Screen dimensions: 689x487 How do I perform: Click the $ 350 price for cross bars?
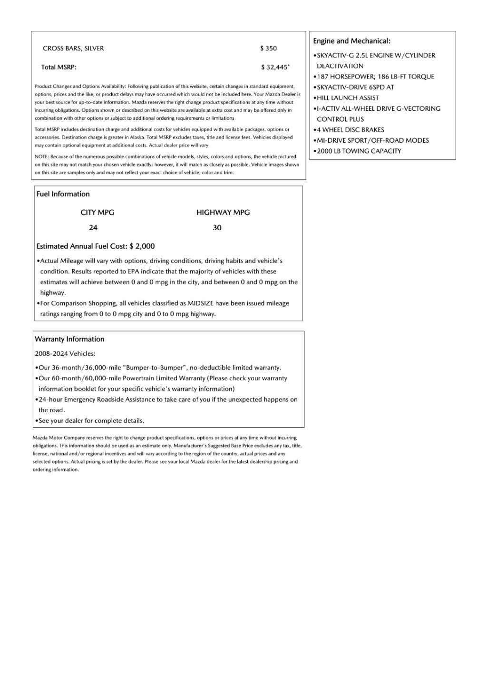[268, 49]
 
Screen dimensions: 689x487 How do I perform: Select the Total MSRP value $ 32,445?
[274, 67]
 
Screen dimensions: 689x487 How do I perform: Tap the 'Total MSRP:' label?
[59, 67]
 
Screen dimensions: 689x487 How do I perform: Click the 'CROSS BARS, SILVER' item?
[73, 49]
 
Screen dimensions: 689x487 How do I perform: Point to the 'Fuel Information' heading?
[63, 194]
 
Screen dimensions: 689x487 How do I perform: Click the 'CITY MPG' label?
[97, 213]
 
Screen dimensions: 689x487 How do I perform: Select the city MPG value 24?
[93, 228]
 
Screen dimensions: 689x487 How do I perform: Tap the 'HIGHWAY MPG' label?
[223, 213]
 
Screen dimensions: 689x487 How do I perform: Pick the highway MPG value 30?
[217, 228]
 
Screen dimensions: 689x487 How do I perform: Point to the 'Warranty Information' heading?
[69, 339]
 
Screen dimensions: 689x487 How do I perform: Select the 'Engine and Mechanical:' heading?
[351, 41]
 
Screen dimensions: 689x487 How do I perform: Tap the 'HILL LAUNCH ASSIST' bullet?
[348, 98]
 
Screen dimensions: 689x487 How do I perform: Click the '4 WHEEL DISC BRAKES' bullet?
[351, 130]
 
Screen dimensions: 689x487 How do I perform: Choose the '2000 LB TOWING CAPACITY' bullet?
[359, 151]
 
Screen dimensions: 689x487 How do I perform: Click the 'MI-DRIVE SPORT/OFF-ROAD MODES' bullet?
[373, 140]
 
